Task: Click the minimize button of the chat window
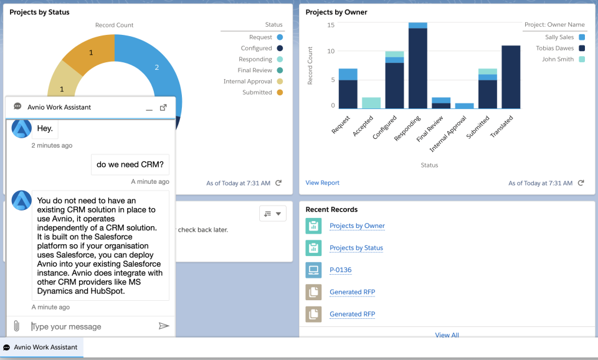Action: [x=149, y=108]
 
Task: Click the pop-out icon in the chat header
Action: [x=163, y=107]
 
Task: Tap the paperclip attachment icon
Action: [x=17, y=326]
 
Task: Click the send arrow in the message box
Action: [x=164, y=326]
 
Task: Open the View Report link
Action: [x=322, y=182]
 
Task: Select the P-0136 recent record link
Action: [x=340, y=270]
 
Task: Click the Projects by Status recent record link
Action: [x=356, y=248]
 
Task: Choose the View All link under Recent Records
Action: [x=447, y=335]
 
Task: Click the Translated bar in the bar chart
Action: [x=511, y=77]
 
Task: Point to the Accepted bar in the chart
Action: [x=371, y=103]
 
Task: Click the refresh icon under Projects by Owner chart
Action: [x=581, y=183]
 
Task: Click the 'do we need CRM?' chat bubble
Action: [x=130, y=165]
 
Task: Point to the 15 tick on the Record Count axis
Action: [x=331, y=25]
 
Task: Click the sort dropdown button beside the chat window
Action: [x=272, y=214]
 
